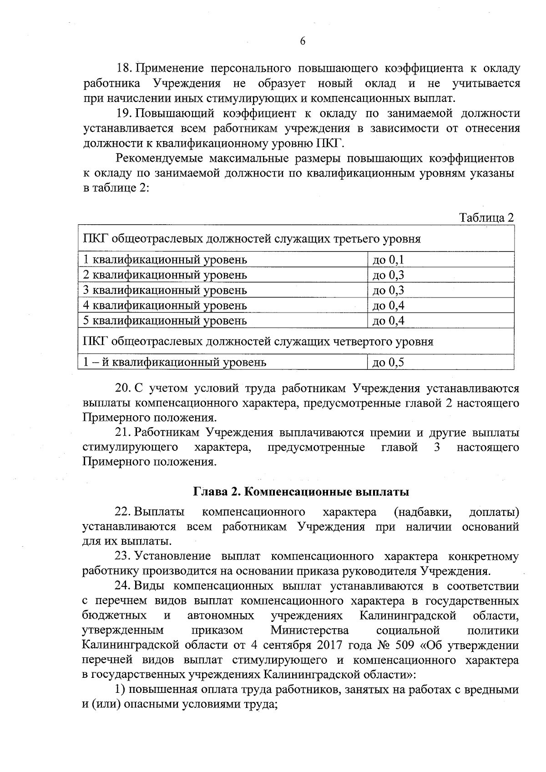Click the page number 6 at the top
pos(302,41)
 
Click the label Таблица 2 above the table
pos(486,217)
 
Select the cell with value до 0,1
pos(388,260)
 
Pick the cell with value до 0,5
pos(388,362)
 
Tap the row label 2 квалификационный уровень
pos(165,275)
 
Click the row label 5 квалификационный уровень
pos(165,320)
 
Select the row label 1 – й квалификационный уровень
pos(174,362)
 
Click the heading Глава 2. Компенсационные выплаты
pos(301,492)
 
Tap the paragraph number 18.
pos(124,69)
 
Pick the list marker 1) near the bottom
pos(120,689)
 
